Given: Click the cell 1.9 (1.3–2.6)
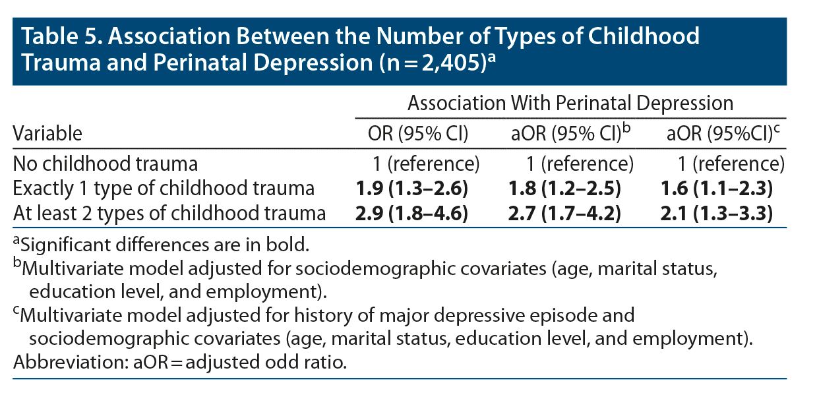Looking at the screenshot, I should [411, 189].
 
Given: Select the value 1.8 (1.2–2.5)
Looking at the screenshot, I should [565, 189].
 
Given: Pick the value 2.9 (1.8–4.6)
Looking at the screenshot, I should [411, 213].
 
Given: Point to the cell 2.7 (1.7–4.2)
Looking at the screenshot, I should [565, 213].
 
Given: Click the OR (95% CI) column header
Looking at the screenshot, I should [418, 134].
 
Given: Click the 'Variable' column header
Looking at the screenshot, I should [48, 134].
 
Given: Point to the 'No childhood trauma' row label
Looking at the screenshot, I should [106, 164].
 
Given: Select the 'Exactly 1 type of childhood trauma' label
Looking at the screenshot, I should [164, 189].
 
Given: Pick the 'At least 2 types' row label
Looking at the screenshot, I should [169, 213].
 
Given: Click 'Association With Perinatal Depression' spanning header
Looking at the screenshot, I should [570, 104].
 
